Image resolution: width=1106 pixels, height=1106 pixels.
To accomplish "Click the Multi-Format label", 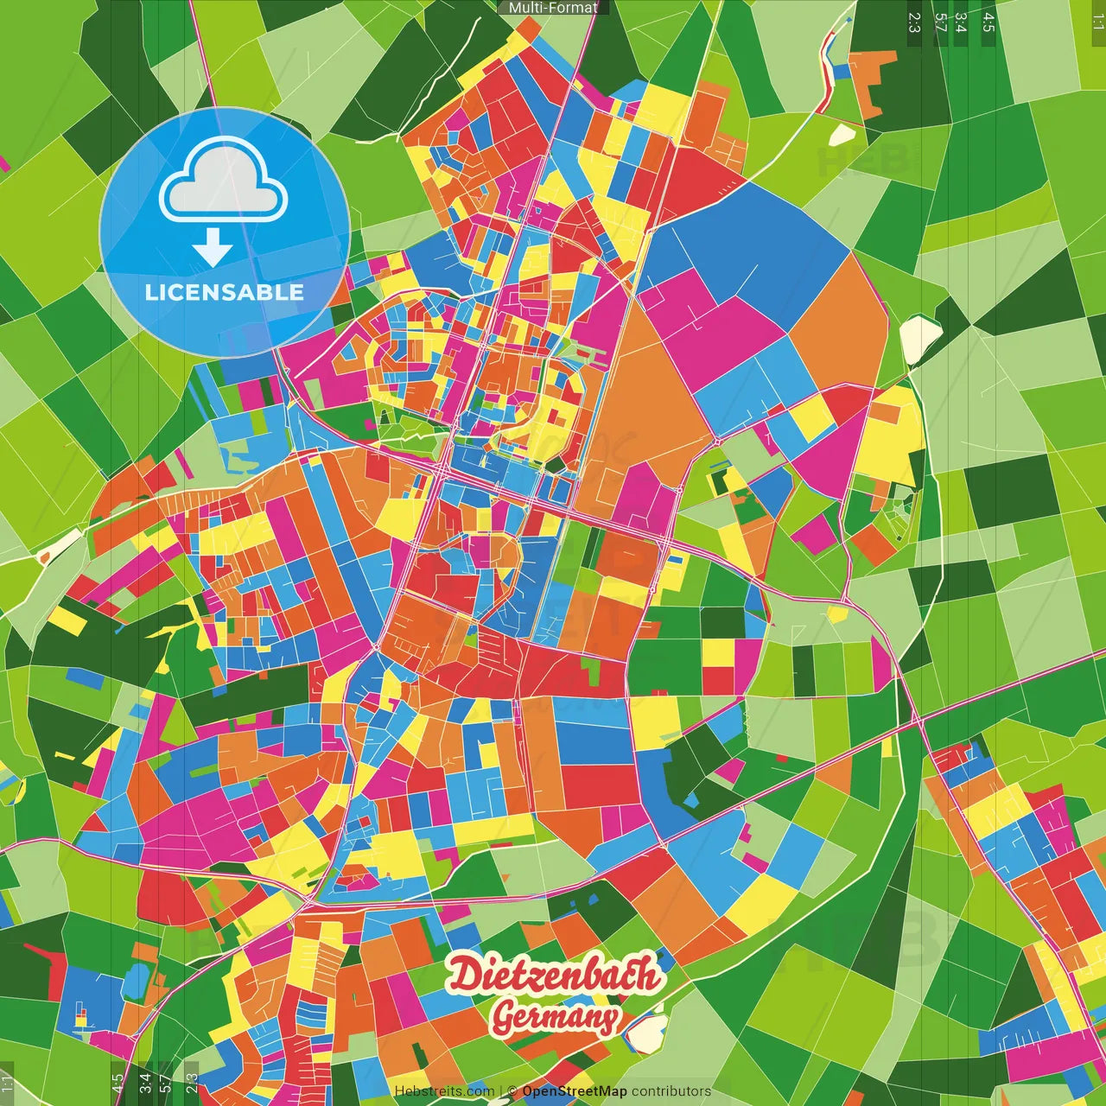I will [553, 8].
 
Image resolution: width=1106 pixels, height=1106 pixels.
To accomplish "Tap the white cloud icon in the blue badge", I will [224, 182].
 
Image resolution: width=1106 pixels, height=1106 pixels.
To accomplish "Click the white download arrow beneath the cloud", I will [213, 249].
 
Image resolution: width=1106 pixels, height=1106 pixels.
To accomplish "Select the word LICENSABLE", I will [224, 292].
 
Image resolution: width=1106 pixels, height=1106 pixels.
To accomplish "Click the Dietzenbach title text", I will [553, 976].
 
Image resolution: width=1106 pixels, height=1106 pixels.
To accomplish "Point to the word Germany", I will [555, 1018].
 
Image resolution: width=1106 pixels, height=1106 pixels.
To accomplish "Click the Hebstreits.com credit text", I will [444, 1091].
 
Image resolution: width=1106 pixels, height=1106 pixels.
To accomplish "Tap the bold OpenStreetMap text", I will [575, 1091].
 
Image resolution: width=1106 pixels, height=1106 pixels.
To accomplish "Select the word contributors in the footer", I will [671, 1091].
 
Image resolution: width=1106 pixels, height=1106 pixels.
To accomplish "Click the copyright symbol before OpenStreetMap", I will [512, 1091].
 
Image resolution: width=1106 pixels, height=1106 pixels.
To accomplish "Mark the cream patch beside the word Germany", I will [645, 1032].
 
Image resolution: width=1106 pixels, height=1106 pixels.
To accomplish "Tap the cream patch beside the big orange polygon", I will [920, 339].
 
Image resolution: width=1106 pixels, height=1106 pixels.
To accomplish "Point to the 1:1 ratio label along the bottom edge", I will [7, 1084].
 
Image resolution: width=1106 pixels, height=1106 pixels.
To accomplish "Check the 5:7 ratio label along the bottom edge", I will [165, 1084].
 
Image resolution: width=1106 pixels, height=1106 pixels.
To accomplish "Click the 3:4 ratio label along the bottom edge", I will [144, 1084].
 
